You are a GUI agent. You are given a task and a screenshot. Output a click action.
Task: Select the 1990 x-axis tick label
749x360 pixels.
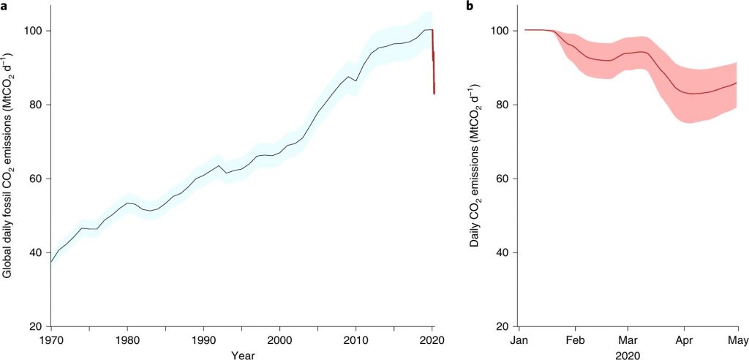point(203,340)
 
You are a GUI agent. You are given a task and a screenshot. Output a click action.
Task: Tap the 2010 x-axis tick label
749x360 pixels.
point(356,340)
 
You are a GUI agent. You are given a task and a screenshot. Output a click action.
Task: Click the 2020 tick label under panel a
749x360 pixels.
point(432,340)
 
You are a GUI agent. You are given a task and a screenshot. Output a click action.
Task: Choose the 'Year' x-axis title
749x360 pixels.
point(242,355)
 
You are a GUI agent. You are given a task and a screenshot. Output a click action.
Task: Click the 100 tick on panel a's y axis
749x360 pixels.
point(36,31)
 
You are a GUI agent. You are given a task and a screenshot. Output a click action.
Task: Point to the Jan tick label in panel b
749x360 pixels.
point(519,340)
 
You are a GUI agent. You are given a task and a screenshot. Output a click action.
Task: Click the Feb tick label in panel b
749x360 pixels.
point(575,340)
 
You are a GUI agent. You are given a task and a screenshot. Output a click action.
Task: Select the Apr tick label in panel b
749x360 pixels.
point(684,340)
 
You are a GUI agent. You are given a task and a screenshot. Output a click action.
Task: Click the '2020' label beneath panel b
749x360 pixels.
point(628,355)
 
